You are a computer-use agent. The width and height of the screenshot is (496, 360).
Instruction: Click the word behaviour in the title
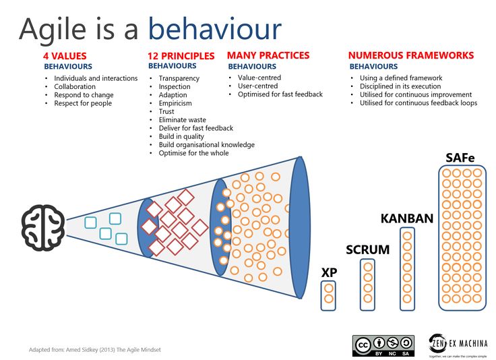point(215,29)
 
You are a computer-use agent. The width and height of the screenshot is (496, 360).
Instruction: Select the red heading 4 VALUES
point(65,56)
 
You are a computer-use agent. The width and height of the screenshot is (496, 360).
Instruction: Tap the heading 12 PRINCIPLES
point(181,56)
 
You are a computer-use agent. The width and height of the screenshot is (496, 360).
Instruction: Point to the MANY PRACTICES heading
point(268,55)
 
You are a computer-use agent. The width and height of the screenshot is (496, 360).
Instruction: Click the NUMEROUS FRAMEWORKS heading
point(411,55)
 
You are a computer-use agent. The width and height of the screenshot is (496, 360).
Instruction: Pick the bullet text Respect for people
point(83,103)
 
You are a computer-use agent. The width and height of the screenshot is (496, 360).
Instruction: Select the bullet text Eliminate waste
point(182,120)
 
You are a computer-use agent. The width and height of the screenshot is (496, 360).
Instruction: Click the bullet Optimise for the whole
point(193,153)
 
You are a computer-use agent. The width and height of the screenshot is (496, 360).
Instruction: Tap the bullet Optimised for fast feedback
point(280,94)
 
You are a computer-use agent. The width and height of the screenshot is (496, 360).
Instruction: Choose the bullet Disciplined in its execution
point(400,86)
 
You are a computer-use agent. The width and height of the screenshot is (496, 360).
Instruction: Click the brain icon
point(43,228)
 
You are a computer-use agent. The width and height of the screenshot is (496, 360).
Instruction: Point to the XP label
point(329,272)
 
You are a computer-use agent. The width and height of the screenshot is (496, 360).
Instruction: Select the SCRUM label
point(367,249)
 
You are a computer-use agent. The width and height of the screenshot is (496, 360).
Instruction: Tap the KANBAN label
point(407,218)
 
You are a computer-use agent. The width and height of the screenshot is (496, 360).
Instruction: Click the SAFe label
point(460,158)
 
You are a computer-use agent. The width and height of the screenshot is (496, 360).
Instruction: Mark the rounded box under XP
point(328,295)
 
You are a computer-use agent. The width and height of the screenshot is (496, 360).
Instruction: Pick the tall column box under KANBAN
point(408,269)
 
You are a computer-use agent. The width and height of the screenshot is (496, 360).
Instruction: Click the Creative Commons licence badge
point(383,346)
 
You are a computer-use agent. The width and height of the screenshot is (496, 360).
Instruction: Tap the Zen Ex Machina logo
point(458,344)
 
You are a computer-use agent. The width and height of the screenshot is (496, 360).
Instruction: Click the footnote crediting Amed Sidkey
point(95,350)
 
